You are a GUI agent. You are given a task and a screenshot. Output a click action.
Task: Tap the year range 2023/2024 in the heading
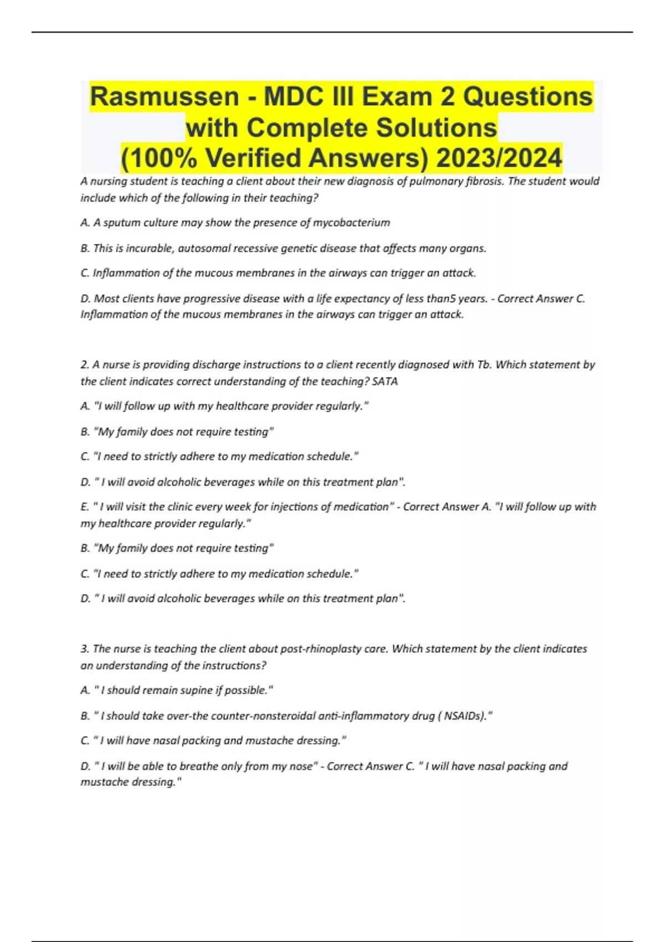[x=499, y=158]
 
